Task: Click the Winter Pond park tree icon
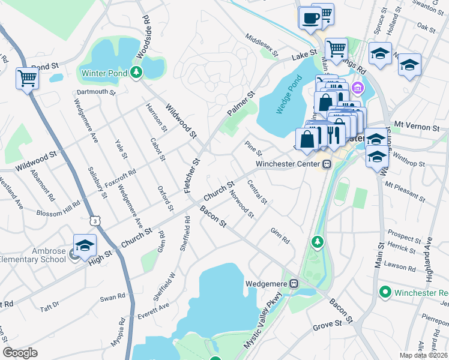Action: click(137, 73)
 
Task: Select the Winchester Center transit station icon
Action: click(327, 164)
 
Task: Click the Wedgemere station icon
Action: click(294, 283)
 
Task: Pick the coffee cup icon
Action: click(310, 18)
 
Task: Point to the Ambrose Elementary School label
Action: click(33, 255)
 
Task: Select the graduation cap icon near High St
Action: click(85, 245)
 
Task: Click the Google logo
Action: click(20, 353)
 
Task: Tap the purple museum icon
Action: click(358, 89)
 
